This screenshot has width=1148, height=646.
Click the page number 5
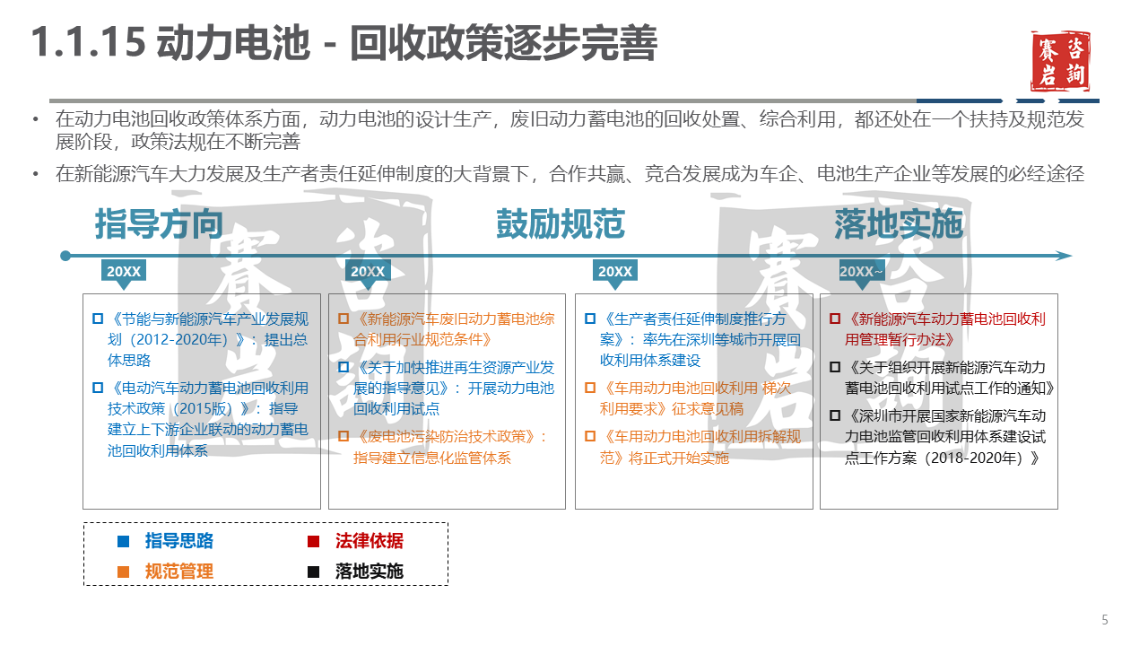[1105, 620]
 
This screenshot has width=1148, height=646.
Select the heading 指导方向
[159, 224]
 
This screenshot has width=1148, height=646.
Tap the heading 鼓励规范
[561, 224]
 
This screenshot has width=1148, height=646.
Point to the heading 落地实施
[899, 224]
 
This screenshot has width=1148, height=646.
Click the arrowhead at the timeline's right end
[1065, 256]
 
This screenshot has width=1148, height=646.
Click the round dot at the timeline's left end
[65, 256]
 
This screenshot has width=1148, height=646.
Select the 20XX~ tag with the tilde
[861, 271]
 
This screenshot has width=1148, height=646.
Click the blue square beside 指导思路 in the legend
[124, 541]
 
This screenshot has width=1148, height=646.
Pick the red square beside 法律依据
[313, 541]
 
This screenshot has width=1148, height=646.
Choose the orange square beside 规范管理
[124, 572]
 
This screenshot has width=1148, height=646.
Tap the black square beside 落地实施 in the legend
[313, 572]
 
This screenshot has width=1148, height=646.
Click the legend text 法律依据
[369, 541]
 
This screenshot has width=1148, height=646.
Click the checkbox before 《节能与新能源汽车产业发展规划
[98, 319]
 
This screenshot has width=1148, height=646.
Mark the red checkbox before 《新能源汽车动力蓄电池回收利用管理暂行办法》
[835, 319]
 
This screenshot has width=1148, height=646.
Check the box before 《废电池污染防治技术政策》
[344, 437]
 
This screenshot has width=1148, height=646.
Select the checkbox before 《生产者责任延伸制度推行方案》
[589, 319]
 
